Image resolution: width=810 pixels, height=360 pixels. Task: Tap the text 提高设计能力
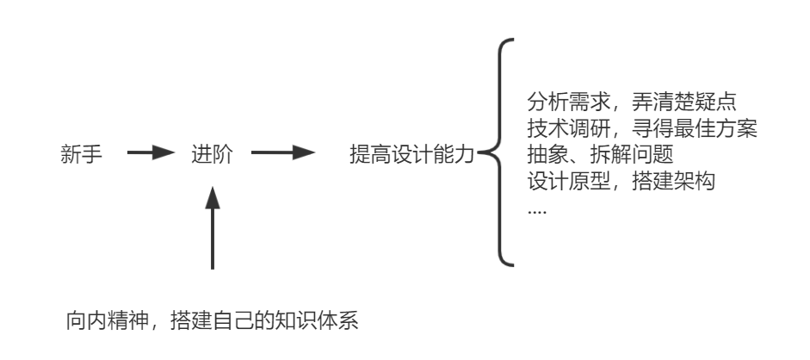click(x=411, y=156)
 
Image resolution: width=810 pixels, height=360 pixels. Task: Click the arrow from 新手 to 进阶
click(x=145, y=156)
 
